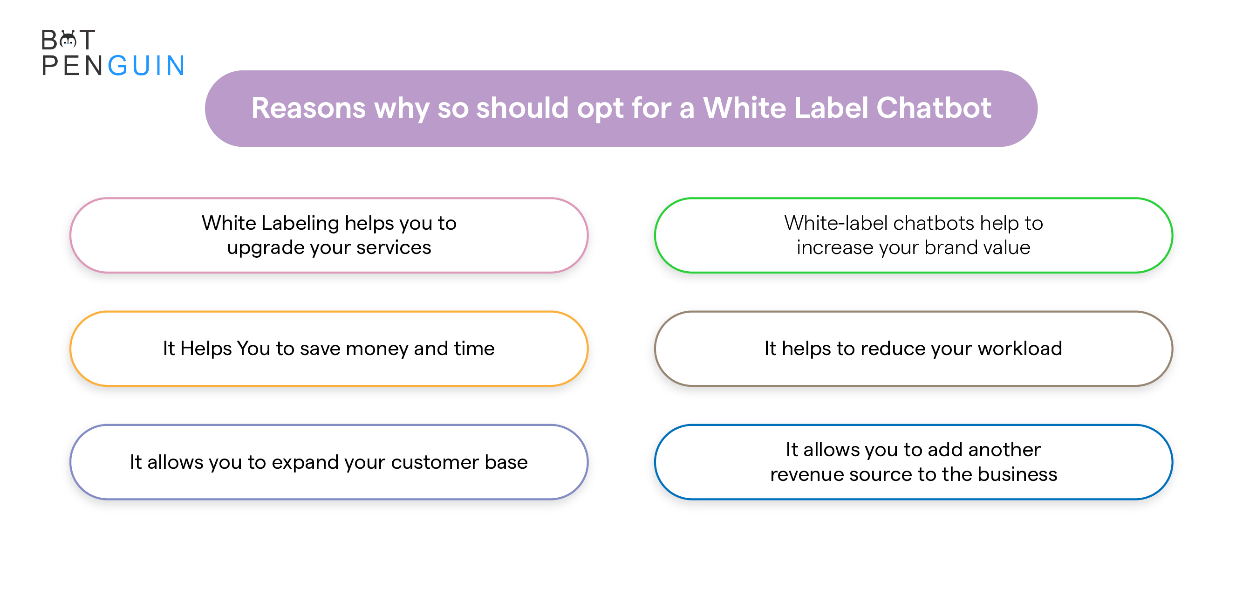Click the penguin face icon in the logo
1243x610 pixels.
tap(68, 40)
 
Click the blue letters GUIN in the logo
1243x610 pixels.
tap(146, 66)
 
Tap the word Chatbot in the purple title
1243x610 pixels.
tap(934, 108)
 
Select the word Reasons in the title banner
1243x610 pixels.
tap(308, 108)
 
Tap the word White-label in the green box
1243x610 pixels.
tap(836, 223)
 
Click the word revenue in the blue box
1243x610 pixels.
tap(807, 475)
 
